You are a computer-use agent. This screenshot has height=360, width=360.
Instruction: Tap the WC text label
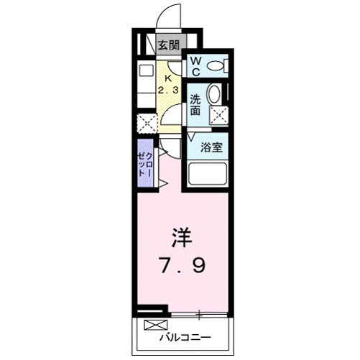coord(195,66)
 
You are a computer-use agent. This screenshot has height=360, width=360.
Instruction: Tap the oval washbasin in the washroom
coord(215,94)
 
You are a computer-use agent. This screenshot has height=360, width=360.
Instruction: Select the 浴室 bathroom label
coord(210,147)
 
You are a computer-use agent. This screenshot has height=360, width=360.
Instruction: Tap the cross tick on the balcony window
coord(199,314)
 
